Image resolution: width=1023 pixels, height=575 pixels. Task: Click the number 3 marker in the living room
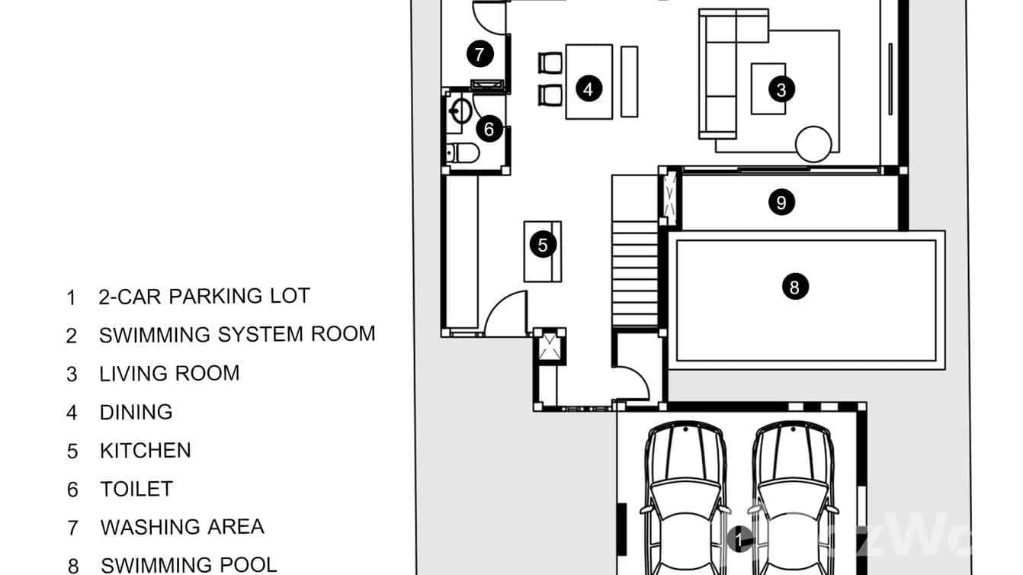pyautogui.click(x=781, y=89)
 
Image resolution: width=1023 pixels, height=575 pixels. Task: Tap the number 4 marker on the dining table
pyautogui.click(x=588, y=88)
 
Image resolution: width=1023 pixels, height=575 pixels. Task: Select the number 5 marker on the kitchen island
pyautogui.click(x=543, y=245)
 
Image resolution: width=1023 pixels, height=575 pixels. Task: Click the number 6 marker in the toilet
pyautogui.click(x=489, y=129)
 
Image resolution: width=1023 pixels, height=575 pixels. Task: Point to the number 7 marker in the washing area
pyautogui.click(x=479, y=54)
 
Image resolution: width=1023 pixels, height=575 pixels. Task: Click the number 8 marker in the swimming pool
pyautogui.click(x=794, y=287)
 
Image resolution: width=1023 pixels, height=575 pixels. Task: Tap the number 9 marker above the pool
pyautogui.click(x=781, y=202)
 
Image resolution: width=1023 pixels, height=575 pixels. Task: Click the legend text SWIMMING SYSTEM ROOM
pyautogui.click(x=237, y=334)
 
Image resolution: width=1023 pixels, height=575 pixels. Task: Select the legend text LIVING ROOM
pyautogui.click(x=169, y=373)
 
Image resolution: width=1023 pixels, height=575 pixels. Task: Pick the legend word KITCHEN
pyautogui.click(x=145, y=450)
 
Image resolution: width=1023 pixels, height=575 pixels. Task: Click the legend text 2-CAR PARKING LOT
pyautogui.click(x=204, y=296)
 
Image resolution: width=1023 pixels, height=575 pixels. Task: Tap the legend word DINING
pyautogui.click(x=136, y=412)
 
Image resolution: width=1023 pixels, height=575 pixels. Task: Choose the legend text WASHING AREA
pyautogui.click(x=182, y=527)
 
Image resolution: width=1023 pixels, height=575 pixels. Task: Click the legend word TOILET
pyautogui.click(x=136, y=489)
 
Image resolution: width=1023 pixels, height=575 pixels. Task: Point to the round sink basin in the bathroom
pyautogui.click(x=460, y=111)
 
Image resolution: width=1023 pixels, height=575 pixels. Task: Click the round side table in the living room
pyautogui.click(x=813, y=143)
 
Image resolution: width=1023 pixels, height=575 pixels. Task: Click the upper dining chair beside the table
pyautogui.click(x=550, y=63)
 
